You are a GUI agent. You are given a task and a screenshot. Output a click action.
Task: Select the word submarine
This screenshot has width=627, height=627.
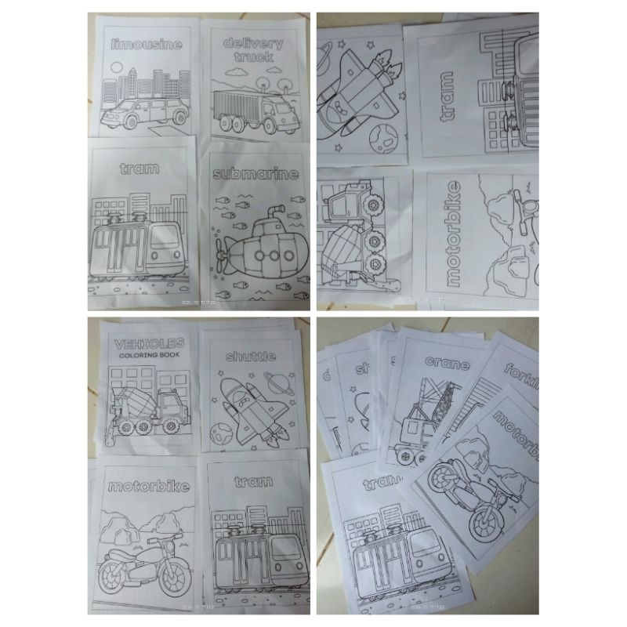(x=257, y=174)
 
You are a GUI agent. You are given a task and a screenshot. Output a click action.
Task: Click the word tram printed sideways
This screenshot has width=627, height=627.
(x=447, y=99)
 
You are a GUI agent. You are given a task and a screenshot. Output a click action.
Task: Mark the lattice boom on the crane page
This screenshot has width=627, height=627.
(x=436, y=404)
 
